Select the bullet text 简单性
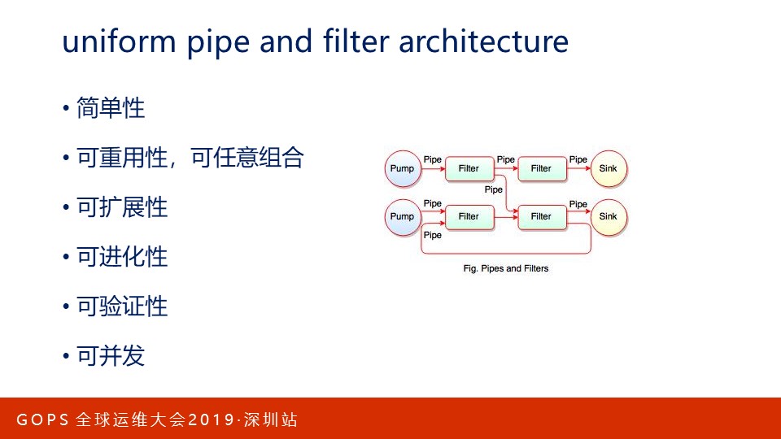[111, 108]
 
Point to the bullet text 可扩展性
[122, 207]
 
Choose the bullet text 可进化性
[122, 257]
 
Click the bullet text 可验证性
[122, 306]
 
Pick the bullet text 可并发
[111, 356]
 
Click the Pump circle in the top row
[402, 169]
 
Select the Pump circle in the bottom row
[402, 216]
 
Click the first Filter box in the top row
[469, 169]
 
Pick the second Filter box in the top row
[541, 169]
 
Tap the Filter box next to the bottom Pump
[469, 216]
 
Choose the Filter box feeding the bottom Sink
[541, 216]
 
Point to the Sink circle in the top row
[609, 169]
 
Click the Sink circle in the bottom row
[609, 216]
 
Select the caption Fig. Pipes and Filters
[505, 268]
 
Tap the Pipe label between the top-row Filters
[505, 160]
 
